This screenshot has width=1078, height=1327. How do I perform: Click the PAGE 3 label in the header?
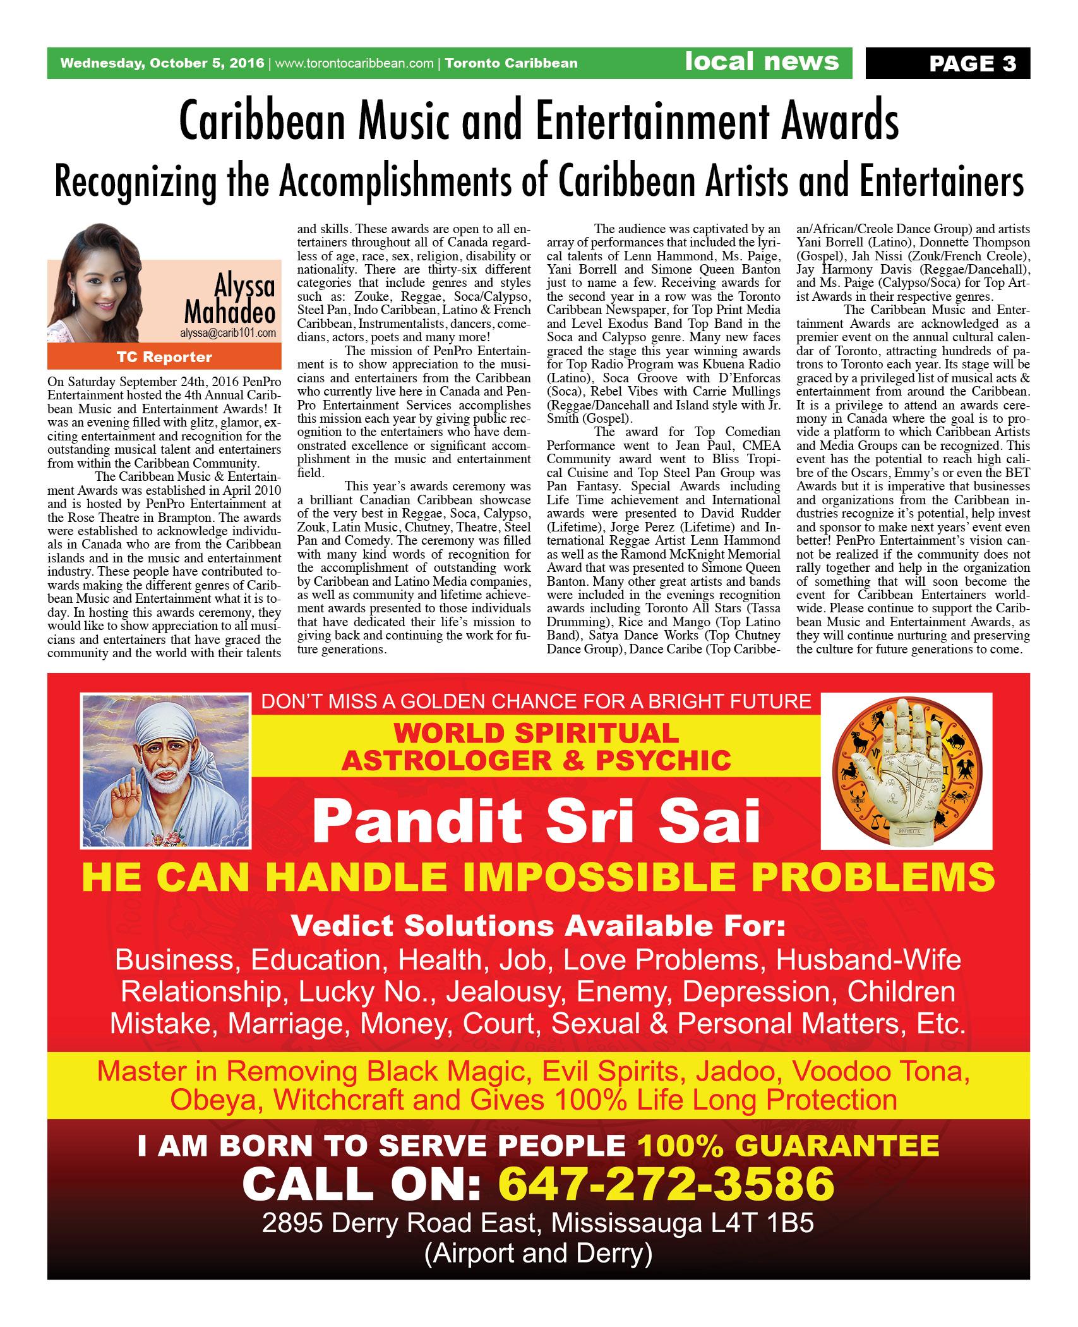tap(972, 63)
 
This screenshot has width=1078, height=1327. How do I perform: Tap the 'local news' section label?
tap(762, 61)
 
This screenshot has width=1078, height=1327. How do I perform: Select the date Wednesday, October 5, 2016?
tap(163, 63)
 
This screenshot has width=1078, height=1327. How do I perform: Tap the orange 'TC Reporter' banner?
tap(164, 358)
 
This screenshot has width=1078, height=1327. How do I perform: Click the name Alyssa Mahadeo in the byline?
tap(231, 300)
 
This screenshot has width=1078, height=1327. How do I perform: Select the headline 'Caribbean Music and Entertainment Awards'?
tap(539, 123)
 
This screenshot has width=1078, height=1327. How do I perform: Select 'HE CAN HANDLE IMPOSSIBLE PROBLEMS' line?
tap(538, 877)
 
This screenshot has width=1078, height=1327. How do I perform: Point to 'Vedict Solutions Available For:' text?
tap(538, 926)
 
